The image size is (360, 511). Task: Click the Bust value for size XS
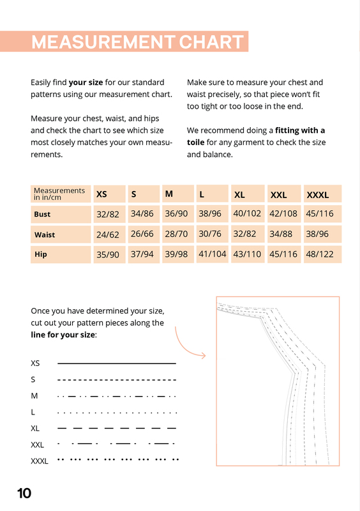point(108,214)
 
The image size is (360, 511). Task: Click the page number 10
point(24,493)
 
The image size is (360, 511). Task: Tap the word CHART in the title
point(211,42)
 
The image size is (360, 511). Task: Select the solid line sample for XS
point(117,363)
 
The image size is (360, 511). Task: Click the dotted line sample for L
point(117,413)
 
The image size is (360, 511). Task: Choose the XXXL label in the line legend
point(40,461)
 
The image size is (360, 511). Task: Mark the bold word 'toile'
point(195,142)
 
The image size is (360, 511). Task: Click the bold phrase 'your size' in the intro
point(86,82)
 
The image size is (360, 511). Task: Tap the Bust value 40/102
point(247,213)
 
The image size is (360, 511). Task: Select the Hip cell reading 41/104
point(213,254)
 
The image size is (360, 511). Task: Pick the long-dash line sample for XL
point(117,428)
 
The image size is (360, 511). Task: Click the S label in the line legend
point(33,379)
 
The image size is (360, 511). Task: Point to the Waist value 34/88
point(281,234)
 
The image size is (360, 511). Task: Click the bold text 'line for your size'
point(63,335)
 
